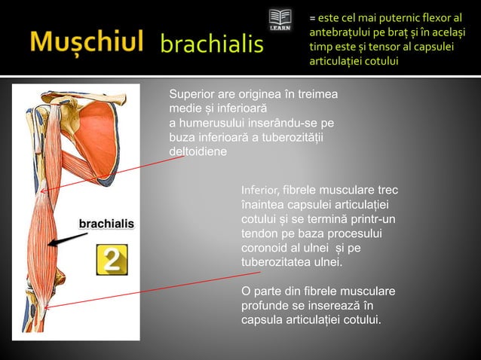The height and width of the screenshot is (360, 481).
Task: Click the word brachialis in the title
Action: [213, 44]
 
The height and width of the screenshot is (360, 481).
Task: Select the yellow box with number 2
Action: [111, 260]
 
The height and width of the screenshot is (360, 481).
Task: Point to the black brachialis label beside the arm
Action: [107, 224]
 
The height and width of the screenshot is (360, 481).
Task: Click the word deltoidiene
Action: [198, 151]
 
